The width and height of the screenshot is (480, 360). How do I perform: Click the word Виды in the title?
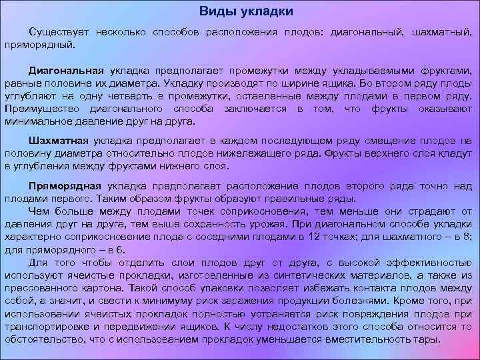point(215,12)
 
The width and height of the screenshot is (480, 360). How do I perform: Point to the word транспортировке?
point(46,327)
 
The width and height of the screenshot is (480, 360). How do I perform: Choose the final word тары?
point(429,339)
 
